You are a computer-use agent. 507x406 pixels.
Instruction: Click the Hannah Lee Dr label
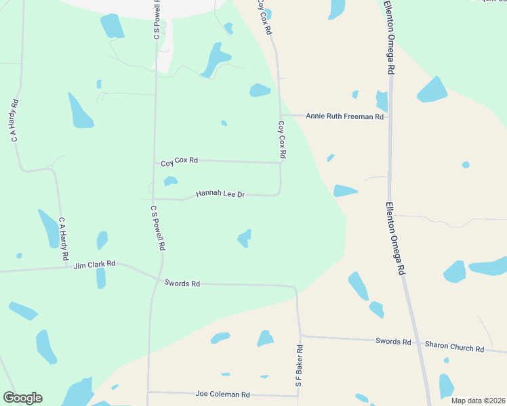click(x=220, y=194)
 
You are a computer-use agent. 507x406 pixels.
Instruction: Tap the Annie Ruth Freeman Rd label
click(x=344, y=116)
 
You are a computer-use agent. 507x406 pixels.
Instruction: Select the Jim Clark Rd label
click(x=95, y=264)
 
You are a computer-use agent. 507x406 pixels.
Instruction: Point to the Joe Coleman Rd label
click(x=222, y=394)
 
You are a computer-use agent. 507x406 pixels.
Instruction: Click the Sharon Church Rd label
click(x=454, y=347)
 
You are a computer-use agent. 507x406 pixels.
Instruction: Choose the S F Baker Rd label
click(x=298, y=365)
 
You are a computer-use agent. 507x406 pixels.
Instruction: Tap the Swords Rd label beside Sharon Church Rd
click(x=393, y=342)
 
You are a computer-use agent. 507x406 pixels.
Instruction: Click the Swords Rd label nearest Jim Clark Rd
click(x=182, y=284)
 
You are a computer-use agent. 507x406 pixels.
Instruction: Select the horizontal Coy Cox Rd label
click(x=179, y=161)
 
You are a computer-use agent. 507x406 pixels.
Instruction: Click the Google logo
click(x=22, y=398)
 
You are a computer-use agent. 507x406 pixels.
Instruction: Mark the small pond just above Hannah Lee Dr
click(x=171, y=181)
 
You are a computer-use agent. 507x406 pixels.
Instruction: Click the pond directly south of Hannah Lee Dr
click(x=245, y=238)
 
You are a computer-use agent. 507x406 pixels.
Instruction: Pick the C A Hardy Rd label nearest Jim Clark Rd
click(x=63, y=239)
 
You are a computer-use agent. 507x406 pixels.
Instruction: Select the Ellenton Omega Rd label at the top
click(x=392, y=37)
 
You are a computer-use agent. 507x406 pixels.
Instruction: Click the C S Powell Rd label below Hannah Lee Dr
click(x=158, y=228)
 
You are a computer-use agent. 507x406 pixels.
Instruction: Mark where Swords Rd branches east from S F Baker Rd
click(x=300, y=335)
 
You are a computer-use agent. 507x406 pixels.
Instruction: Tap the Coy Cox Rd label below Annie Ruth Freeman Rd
click(x=282, y=141)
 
